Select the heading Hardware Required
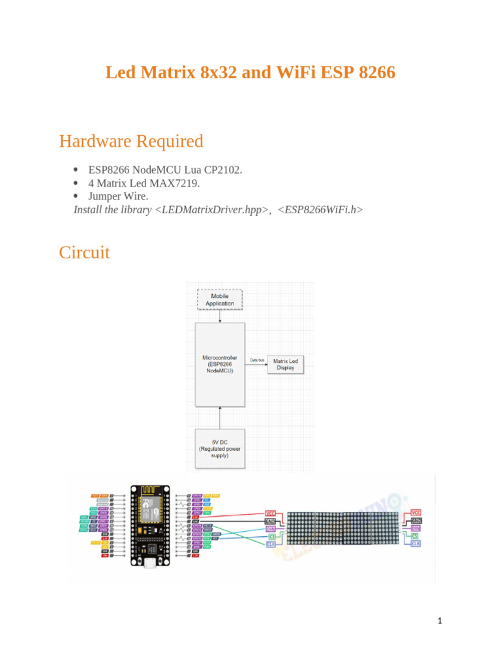pos(131,141)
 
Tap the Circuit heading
pos(84,252)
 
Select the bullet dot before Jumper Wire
pos(76,196)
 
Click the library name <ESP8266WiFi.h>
pos(320,209)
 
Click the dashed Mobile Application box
pos(220,299)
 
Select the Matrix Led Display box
pos(284,365)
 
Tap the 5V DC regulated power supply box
pos(220,449)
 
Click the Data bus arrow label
pos(257,359)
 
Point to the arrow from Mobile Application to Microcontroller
pos(220,316)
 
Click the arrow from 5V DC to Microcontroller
pos(220,417)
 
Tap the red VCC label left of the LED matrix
pos(271,513)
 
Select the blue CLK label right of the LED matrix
pos(416,543)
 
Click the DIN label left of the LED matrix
pos(271,529)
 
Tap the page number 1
pos(440,621)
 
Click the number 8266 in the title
pos(377,72)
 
